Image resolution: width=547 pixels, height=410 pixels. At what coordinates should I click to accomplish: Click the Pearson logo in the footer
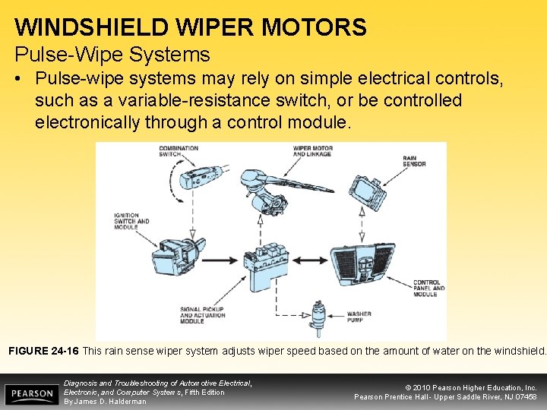click(x=32, y=394)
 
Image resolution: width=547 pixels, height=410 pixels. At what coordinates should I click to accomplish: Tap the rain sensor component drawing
click(x=368, y=192)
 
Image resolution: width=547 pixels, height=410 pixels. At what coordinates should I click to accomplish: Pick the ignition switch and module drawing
click(x=179, y=257)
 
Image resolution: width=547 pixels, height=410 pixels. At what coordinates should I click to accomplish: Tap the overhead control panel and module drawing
click(x=363, y=264)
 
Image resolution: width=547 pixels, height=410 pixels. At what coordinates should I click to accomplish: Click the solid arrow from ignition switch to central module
click(x=220, y=260)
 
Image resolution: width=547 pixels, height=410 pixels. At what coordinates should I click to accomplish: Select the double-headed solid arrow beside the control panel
click(x=310, y=260)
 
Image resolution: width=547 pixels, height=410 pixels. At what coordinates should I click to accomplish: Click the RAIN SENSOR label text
click(x=414, y=161)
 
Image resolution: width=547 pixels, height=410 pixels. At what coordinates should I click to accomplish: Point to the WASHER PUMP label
click(x=359, y=317)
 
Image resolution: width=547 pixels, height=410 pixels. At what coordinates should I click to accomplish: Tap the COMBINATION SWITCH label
click(x=179, y=151)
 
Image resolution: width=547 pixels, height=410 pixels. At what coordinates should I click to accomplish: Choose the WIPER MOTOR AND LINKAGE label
click(x=312, y=151)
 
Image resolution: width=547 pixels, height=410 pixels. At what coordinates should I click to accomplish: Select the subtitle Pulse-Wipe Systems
click(x=112, y=55)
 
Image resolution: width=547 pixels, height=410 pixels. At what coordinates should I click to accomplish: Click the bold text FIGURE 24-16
click(x=43, y=351)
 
